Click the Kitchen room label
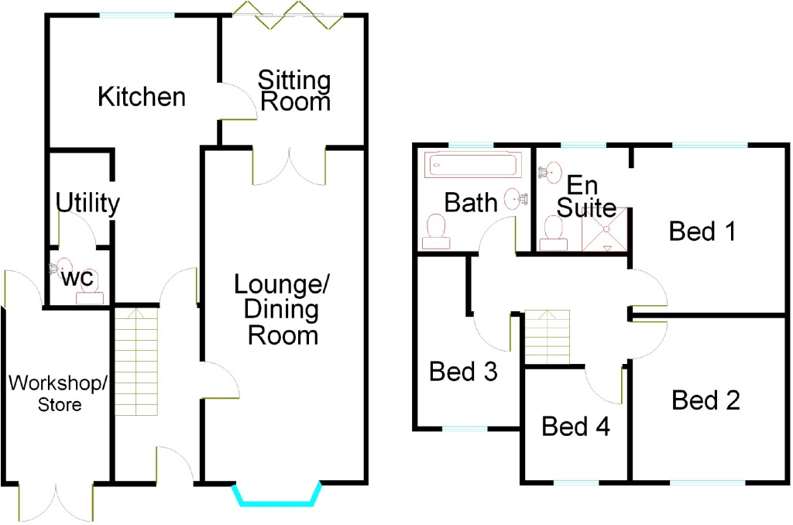pos(142,97)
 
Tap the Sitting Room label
pos(295,91)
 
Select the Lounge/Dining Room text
pos(282,310)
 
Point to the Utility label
pos(88,204)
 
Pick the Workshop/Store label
pos(57,393)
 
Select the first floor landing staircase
pos(548,336)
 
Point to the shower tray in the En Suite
pos(605,229)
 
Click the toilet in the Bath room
pos(436,232)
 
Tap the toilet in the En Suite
pos(553,234)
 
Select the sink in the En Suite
pos(551,173)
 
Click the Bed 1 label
pos(702,232)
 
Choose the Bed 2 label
pos(706,400)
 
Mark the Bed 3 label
pos(463,371)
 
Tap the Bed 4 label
pos(575,426)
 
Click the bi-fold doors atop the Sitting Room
pos(288,15)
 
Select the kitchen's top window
pos(137,15)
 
